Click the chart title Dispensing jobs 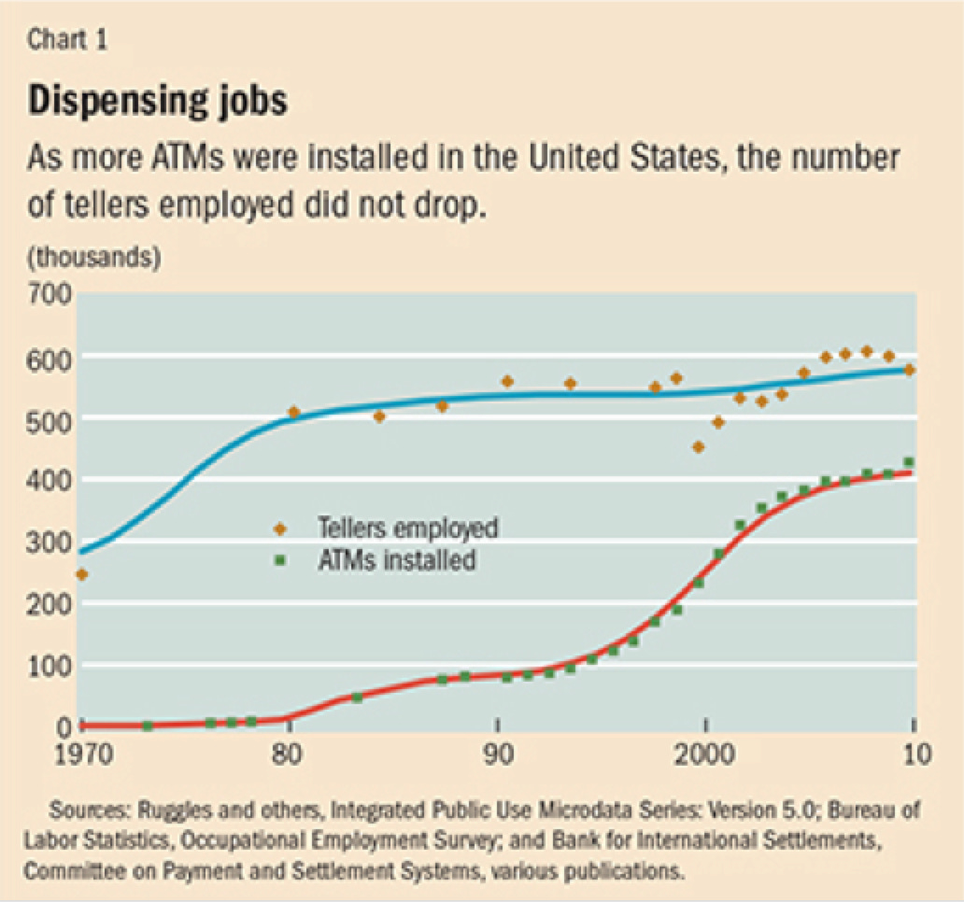tap(158, 101)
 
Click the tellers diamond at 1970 tap(82, 574)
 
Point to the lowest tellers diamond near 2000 tap(698, 446)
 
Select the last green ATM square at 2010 tap(908, 462)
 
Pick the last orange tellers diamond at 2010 tap(909, 370)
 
